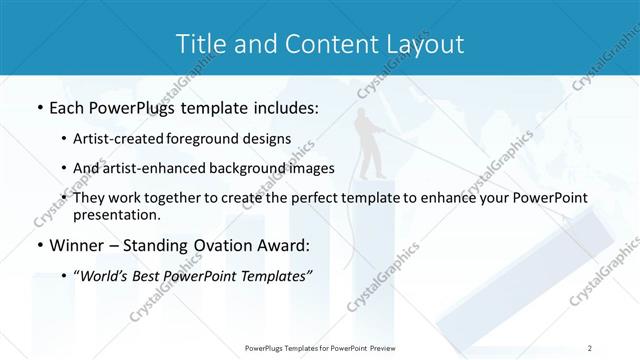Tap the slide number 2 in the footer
click(x=591, y=348)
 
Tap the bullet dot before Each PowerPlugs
click(x=39, y=108)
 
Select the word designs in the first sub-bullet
click(x=270, y=139)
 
